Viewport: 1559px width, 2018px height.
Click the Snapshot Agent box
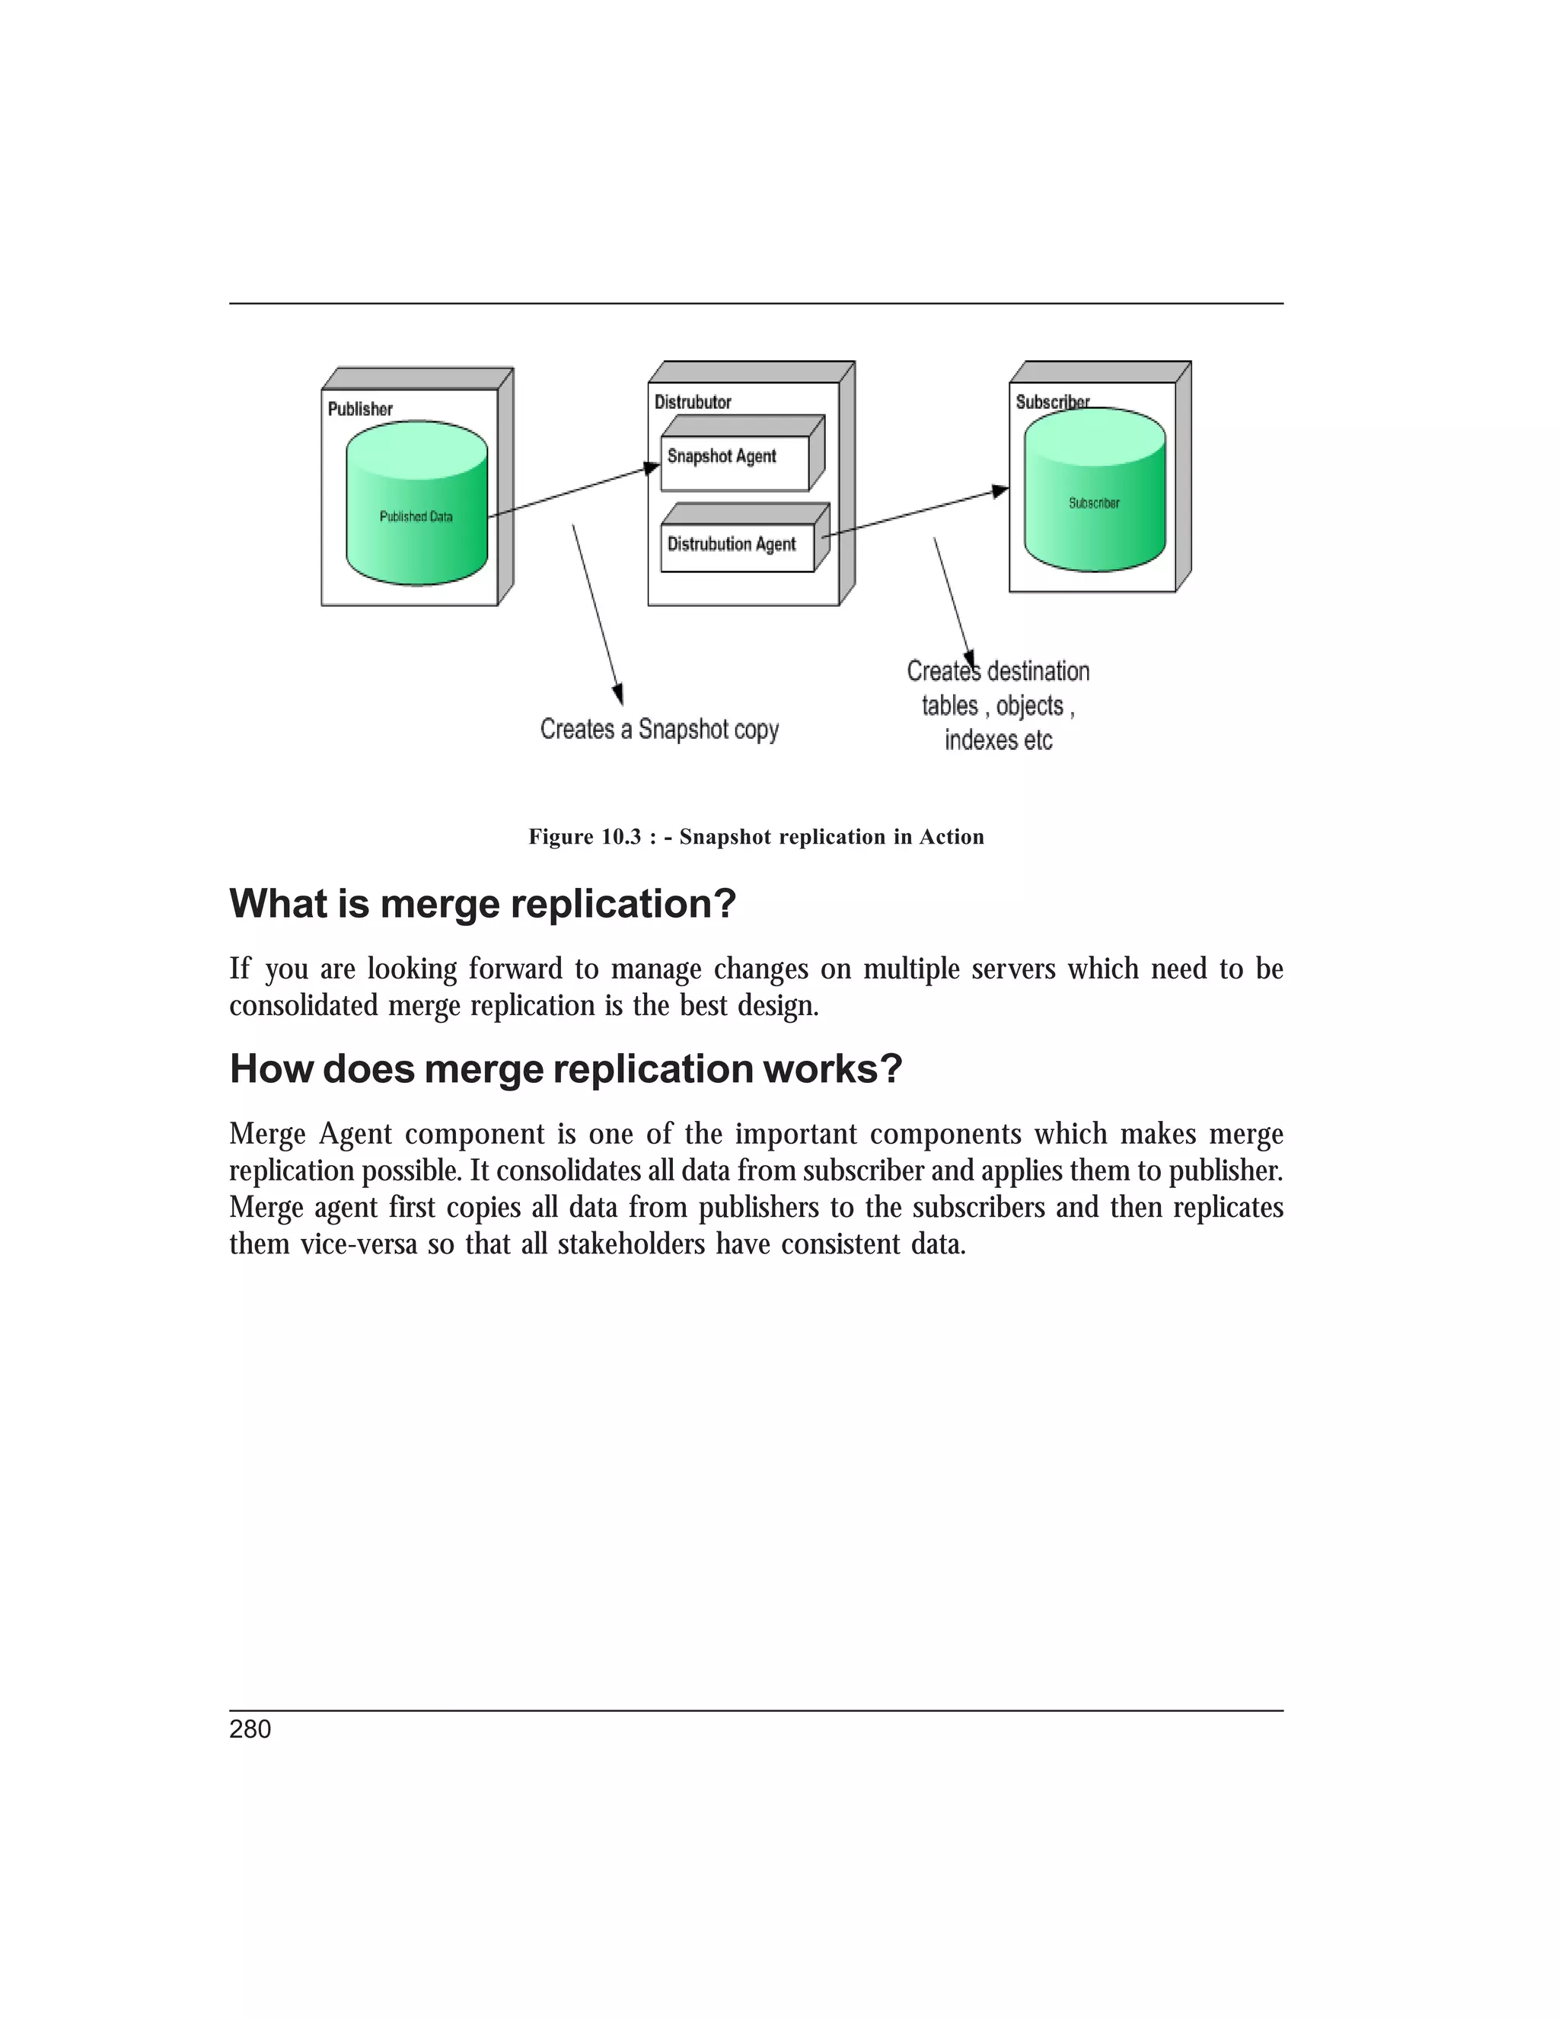pyautogui.click(x=735, y=462)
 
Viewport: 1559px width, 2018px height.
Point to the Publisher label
pyautogui.click(x=360, y=408)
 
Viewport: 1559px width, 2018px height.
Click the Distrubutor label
pyautogui.click(x=693, y=402)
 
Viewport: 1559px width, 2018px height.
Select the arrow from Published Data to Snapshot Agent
pyautogui.click(x=572, y=492)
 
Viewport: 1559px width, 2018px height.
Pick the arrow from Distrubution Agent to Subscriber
pyautogui.click(x=914, y=511)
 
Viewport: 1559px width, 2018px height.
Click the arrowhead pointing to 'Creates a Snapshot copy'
pyautogui.click(x=618, y=694)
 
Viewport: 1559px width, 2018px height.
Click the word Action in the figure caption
pyautogui.click(x=952, y=837)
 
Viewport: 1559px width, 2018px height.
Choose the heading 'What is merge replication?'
pyautogui.click(x=482, y=904)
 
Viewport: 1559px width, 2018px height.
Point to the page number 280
pyautogui.click(x=250, y=1729)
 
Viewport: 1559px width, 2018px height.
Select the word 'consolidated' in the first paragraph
pyautogui.click(x=304, y=1005)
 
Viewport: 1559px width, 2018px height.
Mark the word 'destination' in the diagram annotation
pyautogui.click(x=1038, y=671)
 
